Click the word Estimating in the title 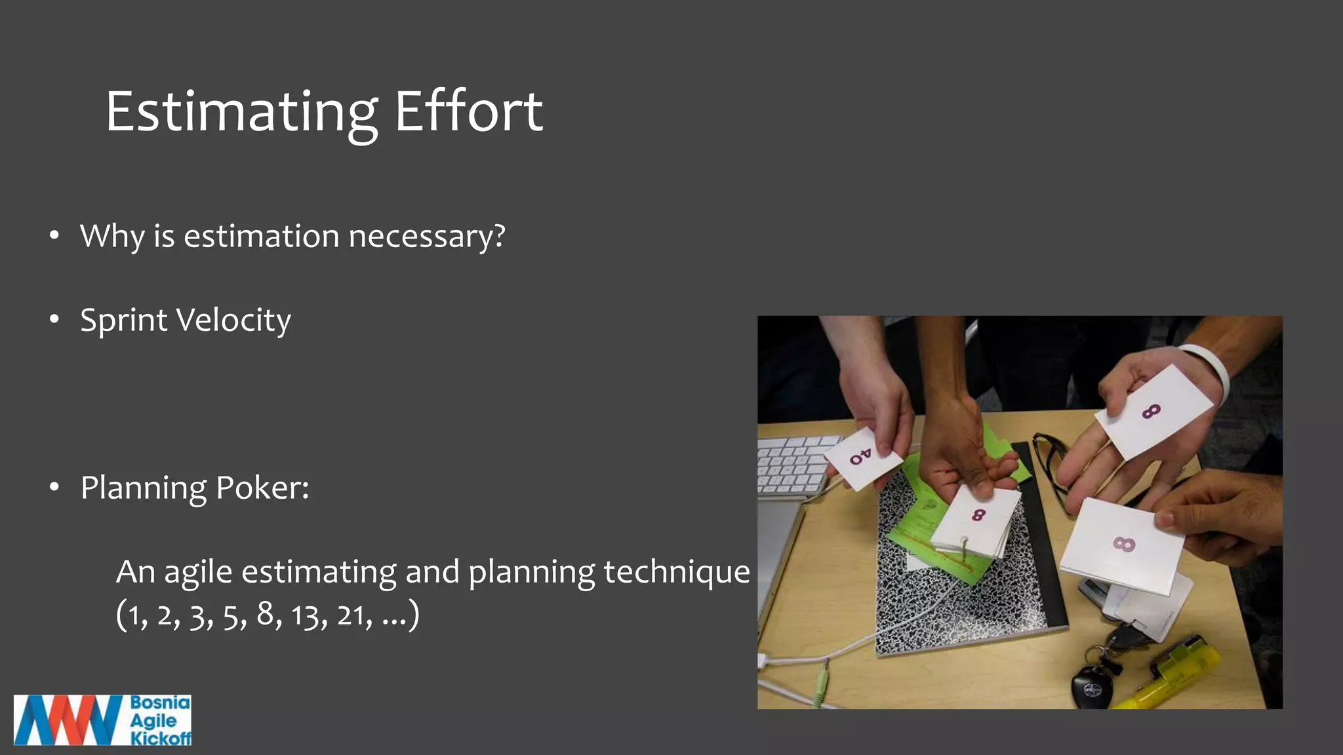pos(241,113)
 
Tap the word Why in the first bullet pos(111,236)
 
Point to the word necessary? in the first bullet pos(427,237)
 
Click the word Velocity pos(233,320)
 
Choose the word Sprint pos(123,321)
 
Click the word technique pos(676,572)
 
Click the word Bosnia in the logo pos(160,703)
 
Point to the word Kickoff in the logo pos(161,739)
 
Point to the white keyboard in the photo pos(793,465)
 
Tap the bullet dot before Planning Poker pos(54,488)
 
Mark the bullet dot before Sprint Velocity pos(54,320)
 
